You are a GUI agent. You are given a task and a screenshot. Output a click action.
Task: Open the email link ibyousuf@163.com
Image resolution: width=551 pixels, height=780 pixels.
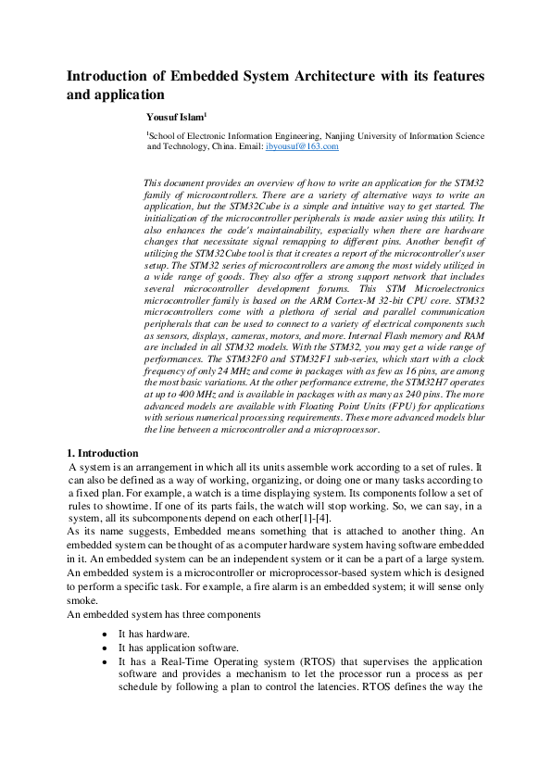pyautogui.click(x=302, y=146)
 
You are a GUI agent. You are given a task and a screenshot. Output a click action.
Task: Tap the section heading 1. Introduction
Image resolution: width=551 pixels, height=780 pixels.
pyautogui.click(x=102, y=453)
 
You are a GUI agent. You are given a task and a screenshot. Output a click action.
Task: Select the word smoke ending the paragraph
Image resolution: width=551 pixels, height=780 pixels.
pyautogui.click(x=81, y=601)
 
